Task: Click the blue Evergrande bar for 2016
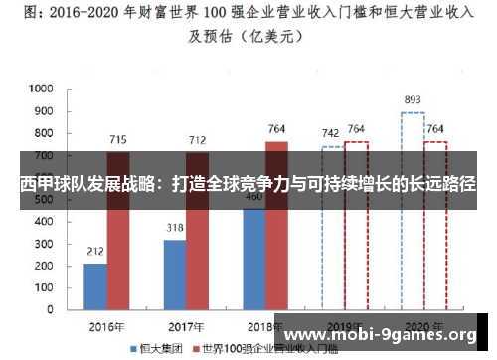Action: pos(95,286)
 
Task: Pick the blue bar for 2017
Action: pos(175,274)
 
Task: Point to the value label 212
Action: pos(95,251)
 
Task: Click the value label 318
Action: pos(175,228)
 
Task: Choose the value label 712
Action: pos(198,139)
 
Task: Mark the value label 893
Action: pos(413,99)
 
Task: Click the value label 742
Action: pos(333,132)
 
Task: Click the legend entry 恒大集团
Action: pos(156,349)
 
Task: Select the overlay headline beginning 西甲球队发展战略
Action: pos(248,185)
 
